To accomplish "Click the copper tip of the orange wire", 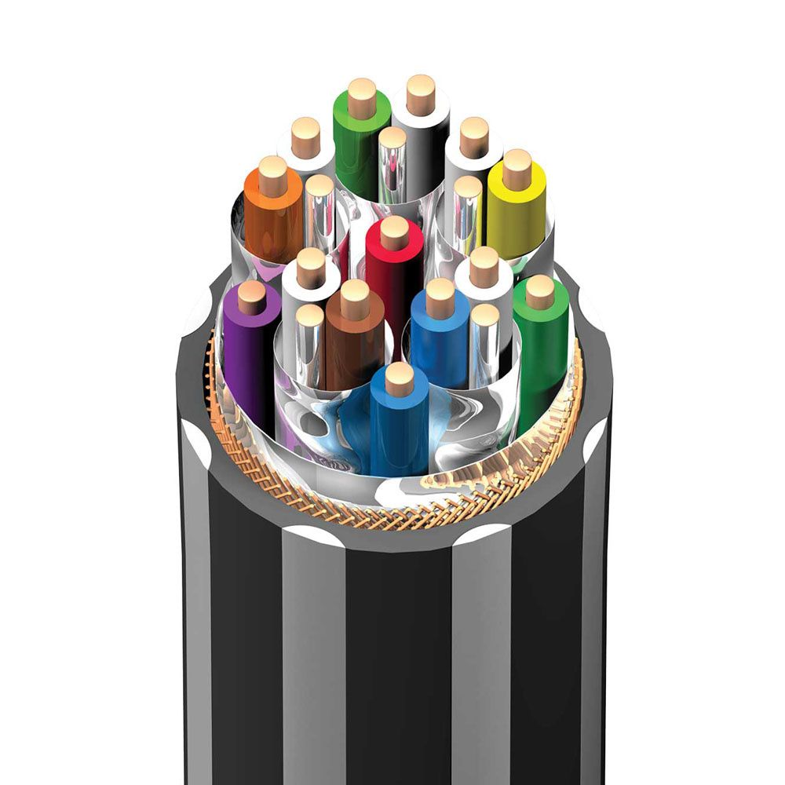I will pos(272,175).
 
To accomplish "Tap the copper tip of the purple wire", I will pos(251,297).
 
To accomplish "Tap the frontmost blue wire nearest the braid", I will pos(400,424).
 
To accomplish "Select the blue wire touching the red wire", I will pos(440,338).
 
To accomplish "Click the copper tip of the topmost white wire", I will pos(421,94).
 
